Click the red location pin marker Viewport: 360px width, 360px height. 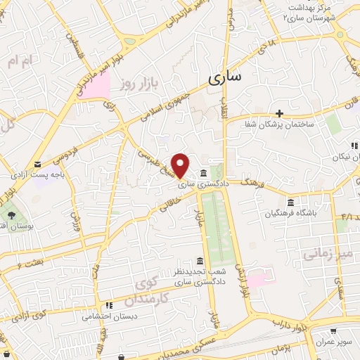coord(181,165)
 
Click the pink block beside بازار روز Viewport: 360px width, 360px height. coord(98,86)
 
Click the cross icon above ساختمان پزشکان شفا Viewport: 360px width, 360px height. coord(279,112)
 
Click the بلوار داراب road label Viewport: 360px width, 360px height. coord(290,326)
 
